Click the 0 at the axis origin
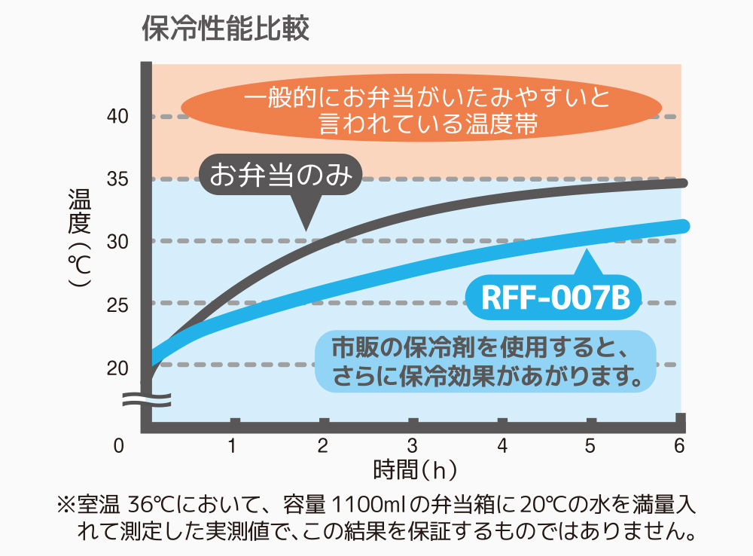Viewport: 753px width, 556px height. click(x=118, y=446)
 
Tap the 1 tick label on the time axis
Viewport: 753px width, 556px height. click(x=233, y=446)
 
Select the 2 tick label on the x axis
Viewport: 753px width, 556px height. click(x=323, y=446)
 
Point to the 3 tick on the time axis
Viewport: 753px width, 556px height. click(x=412, y=446)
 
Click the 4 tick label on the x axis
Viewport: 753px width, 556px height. click(x=501, y=446)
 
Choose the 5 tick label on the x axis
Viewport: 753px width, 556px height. click(x=590, y=446)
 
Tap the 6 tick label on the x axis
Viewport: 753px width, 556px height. click(x=678, y=446)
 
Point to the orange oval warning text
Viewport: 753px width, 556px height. click(x=428, y=110)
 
